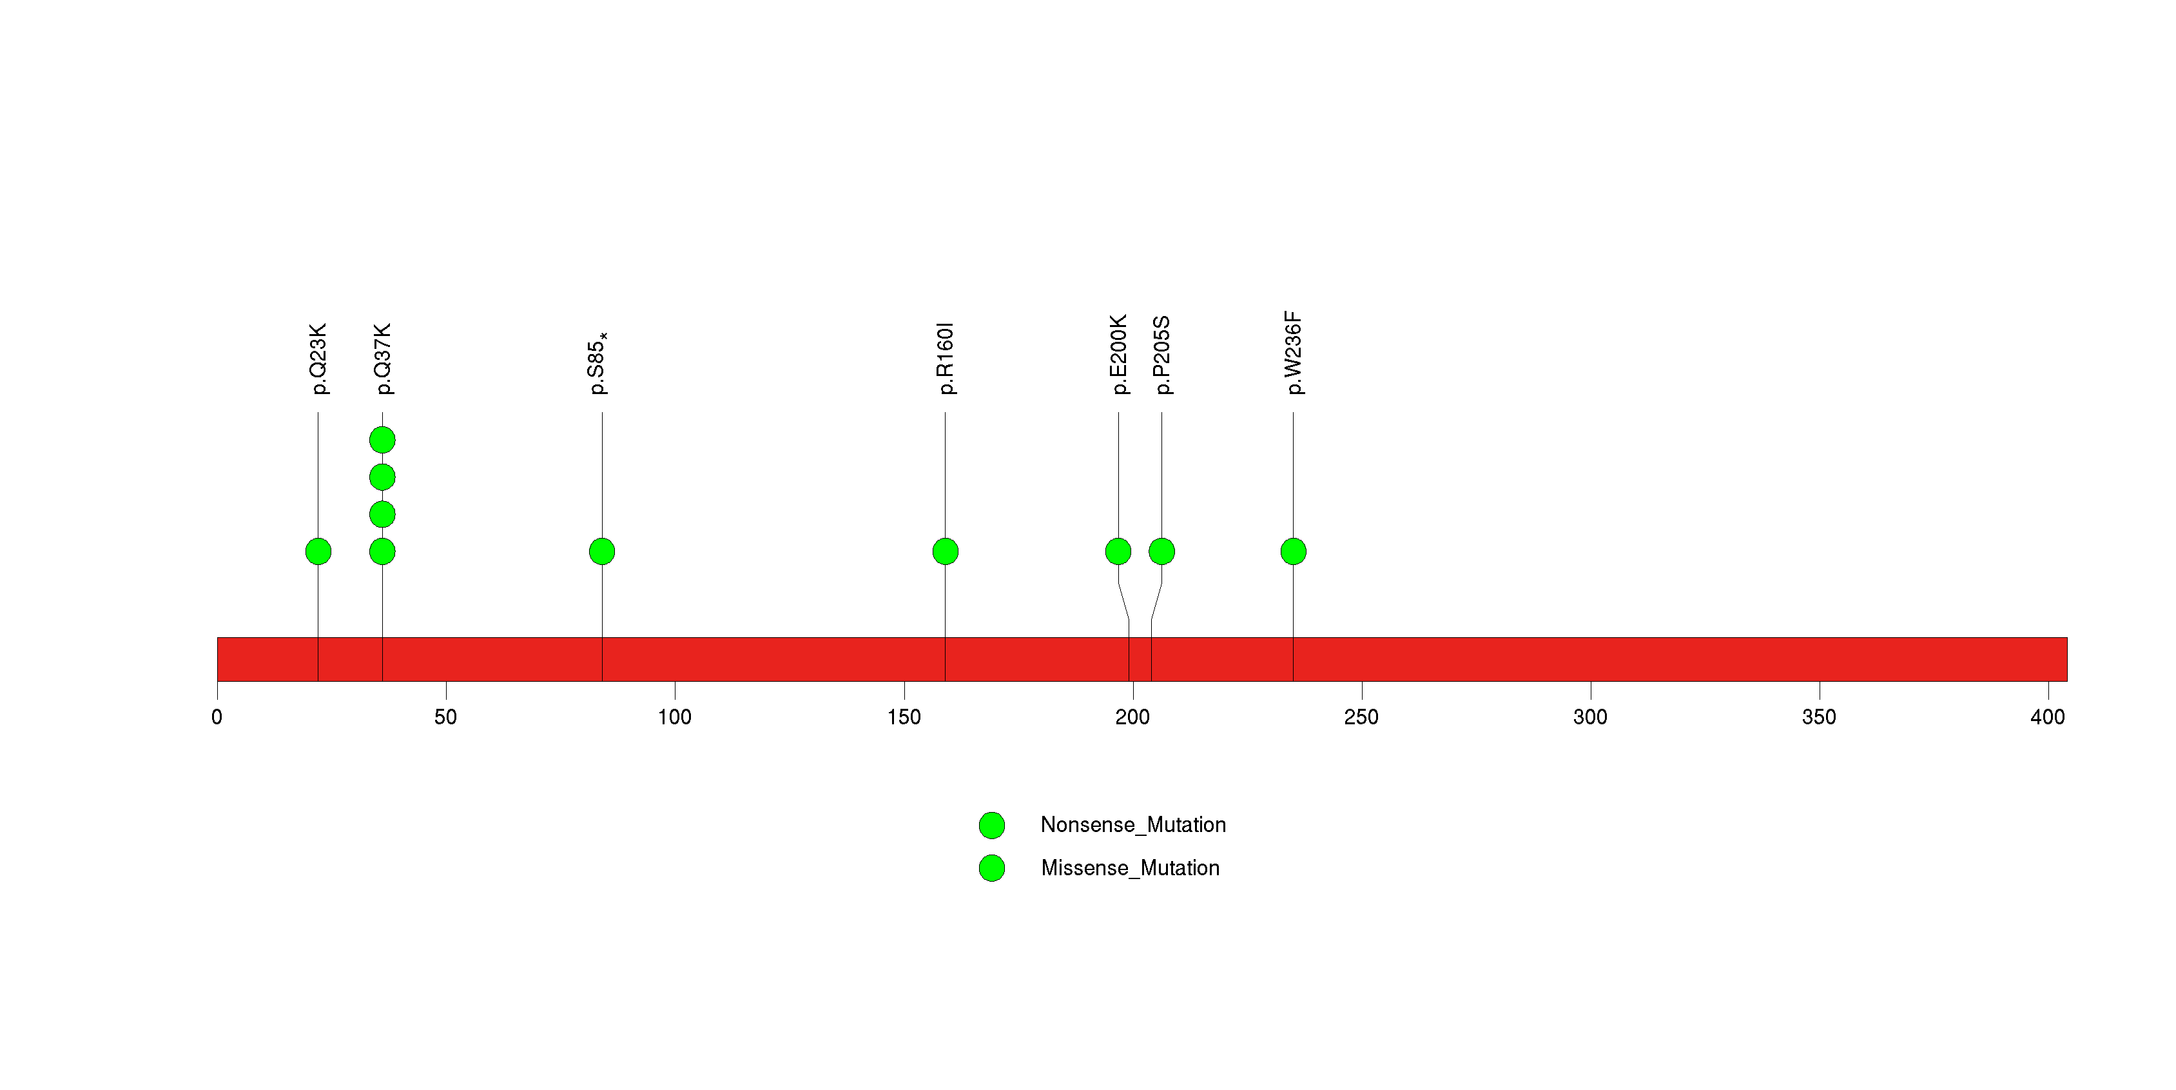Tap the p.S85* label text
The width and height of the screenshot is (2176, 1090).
(x=598, y=363)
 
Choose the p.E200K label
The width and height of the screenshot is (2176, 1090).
(x=1118, y=355)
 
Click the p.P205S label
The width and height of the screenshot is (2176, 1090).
(x=1162, y=355)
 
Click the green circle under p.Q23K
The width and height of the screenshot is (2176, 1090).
(x=318, y=551)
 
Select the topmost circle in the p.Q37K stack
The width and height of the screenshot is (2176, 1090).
(x=383, y=441)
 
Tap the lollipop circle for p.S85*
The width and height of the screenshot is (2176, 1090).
(x=602, y=551)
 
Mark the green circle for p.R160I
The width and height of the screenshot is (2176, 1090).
(x=946, y=551)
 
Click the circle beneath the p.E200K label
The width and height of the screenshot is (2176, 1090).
(x=1118, y=551)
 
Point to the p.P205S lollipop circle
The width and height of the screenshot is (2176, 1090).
(x=1161, y=551)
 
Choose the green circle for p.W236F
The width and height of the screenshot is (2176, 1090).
(x=1293, y=551)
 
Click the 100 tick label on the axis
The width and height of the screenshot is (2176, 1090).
(x=675, y=717)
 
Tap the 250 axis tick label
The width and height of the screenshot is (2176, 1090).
(x=1362, y=717)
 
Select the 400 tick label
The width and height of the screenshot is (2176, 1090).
(x=2048, y=717)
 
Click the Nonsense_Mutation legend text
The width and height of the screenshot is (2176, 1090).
(x=1132, y=825)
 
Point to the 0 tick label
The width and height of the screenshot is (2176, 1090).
(x=217, y=717)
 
